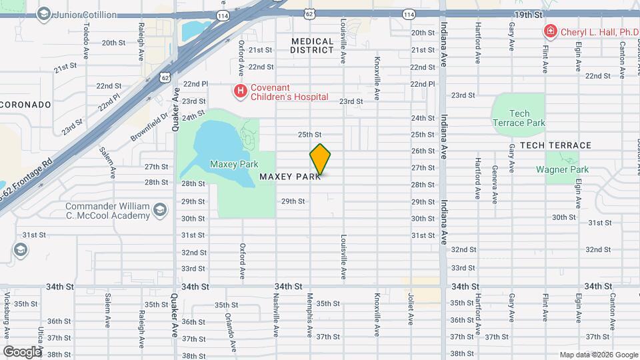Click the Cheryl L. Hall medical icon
point(550,31)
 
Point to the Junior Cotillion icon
point(44,14)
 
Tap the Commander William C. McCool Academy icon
point(159,211)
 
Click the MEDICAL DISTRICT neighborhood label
point(312,45)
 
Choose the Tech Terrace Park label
point(519,118)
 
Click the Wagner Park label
point(562,169)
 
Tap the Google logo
point(22,351)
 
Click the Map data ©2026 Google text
point(598,355)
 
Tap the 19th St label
point(529,14)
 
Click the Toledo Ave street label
point(86,41)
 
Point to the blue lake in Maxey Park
point(215,140)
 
